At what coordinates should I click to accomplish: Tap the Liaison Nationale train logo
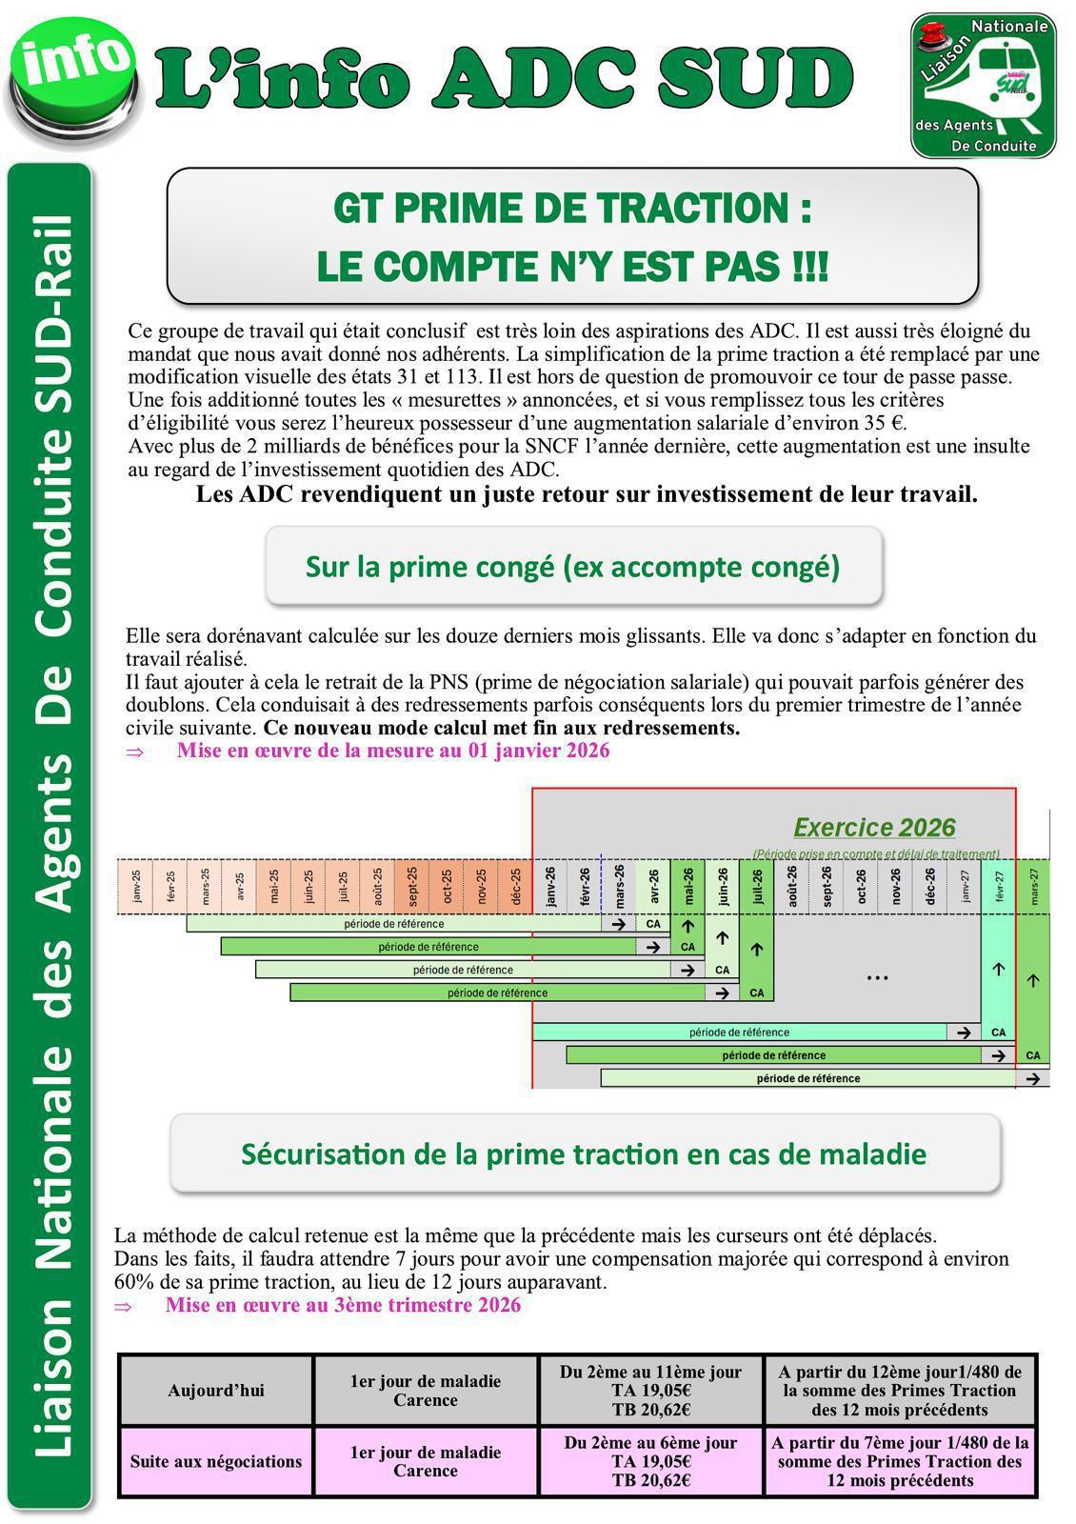(984, 86)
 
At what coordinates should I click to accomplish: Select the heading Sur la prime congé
(572, 567)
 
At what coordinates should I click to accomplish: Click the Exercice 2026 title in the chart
(873, 828)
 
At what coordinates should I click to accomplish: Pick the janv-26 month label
(550, 887)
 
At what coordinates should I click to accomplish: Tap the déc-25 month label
(515, 887)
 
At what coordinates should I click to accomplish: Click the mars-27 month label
(1034, 887)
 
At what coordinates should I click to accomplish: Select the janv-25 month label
(135, 887)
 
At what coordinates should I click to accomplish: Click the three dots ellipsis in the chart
(878, 977)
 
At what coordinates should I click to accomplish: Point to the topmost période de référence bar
(394, 924)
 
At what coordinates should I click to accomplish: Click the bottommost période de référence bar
(807, 1078)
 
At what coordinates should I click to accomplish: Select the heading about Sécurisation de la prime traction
(584, 1153)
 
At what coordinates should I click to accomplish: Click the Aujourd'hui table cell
(216, 1391)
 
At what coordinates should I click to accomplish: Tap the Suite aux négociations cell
(216, 1461)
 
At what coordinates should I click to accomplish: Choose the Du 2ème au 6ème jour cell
(650, 1461)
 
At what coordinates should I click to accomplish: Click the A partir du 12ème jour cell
(900, 1391)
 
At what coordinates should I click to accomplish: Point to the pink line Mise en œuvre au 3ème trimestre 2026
(343, 1305)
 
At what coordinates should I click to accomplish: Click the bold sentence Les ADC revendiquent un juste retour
(587, 494)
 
